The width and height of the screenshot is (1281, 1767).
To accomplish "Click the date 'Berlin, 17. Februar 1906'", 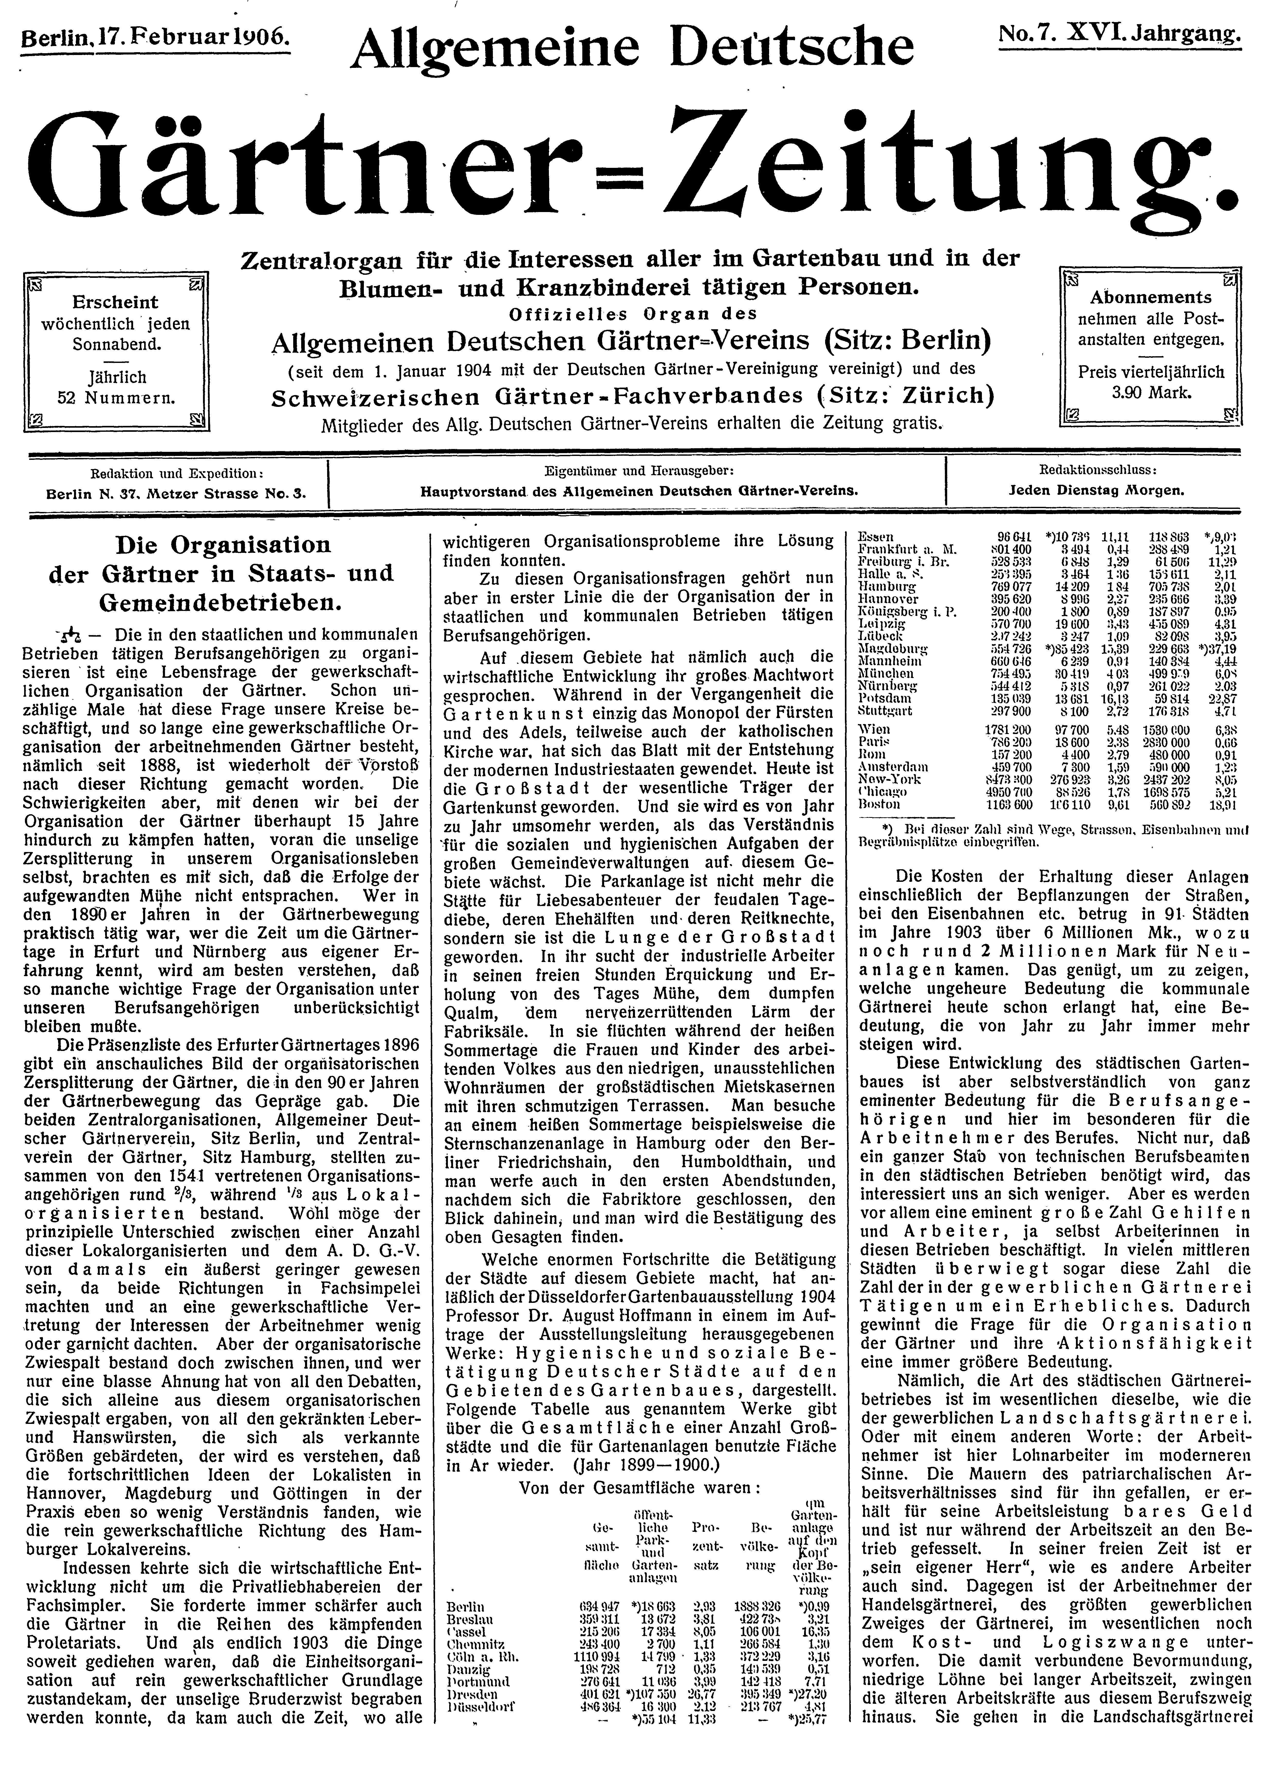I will (x=156, y=36).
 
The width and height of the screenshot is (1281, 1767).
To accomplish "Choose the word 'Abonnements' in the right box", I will (x=1150, y=297).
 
